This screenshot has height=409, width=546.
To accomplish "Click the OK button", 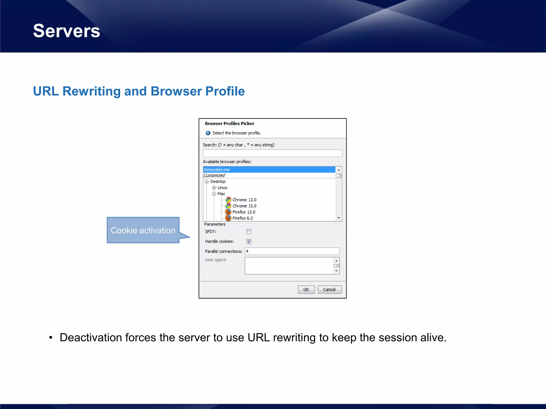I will (306, 289).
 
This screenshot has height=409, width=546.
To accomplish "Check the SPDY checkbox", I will (249, 232).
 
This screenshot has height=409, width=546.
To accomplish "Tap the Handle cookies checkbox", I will (249, 242).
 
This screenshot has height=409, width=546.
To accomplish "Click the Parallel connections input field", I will (292, 251).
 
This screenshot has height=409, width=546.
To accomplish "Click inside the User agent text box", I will (289, 265).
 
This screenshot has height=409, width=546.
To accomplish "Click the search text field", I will (272, 153).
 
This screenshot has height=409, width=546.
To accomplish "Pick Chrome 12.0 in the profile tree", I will (244, 200).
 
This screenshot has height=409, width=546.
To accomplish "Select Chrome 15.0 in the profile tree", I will (244, 206).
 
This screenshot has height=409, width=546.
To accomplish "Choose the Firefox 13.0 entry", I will (243, 212).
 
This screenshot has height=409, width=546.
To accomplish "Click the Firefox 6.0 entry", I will (242, 218).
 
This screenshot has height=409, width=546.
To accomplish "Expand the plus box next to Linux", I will (214, 188).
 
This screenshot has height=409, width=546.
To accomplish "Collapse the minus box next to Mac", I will (214, 194).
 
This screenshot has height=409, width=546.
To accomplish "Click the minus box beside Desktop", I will (207, 182).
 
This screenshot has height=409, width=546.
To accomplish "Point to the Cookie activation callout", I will (143, 230).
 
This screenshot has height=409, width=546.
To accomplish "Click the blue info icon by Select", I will (208, 133).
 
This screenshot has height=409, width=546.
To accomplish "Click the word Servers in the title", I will (67, 31).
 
